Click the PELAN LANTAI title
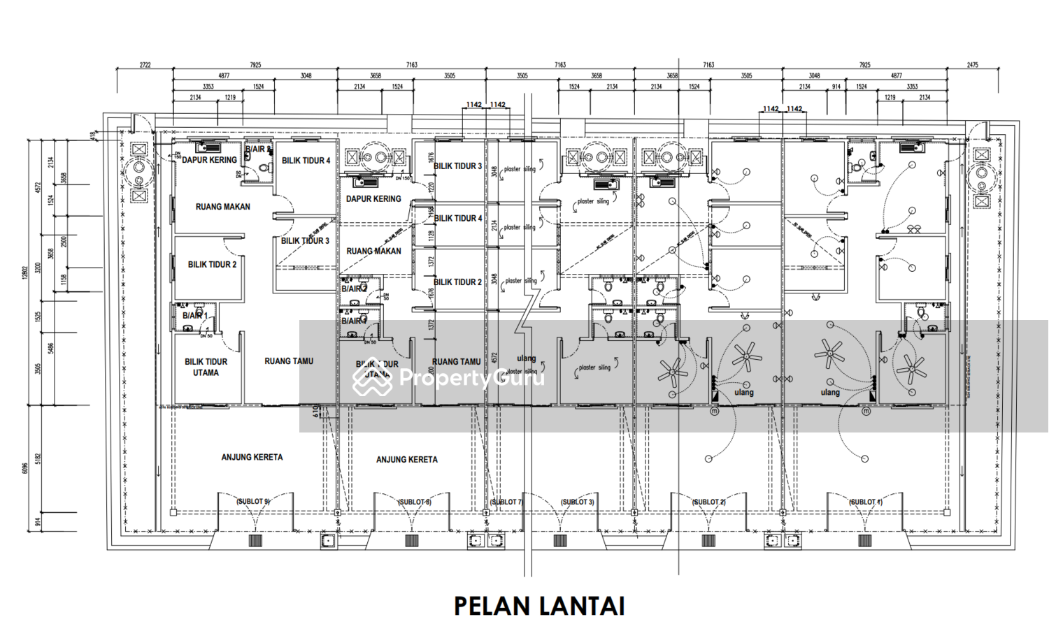point(539,606)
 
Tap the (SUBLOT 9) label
point(252,502)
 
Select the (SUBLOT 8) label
point(414,502)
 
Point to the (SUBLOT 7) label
point(506,502)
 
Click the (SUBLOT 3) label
point(577,502)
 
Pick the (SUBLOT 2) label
point(708,502)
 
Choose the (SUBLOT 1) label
point(865,502)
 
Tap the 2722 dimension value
point(145,65)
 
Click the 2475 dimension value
point(973,65)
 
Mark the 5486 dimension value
point(50,347)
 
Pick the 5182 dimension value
point(39,458)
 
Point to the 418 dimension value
point(92,134)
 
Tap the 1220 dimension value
point(431,187)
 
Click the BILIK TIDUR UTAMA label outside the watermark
point(206,367)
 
